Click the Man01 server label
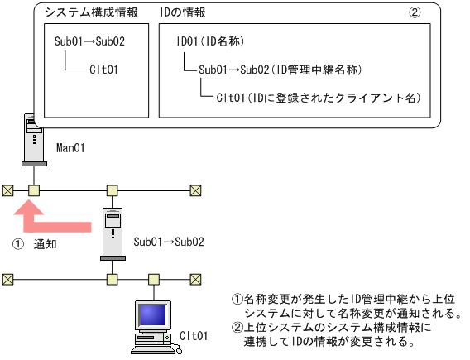[x=71, y=148]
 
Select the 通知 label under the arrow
[x=44, y=245]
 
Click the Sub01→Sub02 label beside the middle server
[x=169, y=243]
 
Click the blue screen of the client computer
[x=153, y=315]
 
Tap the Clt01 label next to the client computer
[x=194, y=337]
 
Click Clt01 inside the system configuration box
[x=103, y=70]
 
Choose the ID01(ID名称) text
[x=210, y=41]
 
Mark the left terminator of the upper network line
[x=7, y=190]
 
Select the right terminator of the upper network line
[x=196, y=190]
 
